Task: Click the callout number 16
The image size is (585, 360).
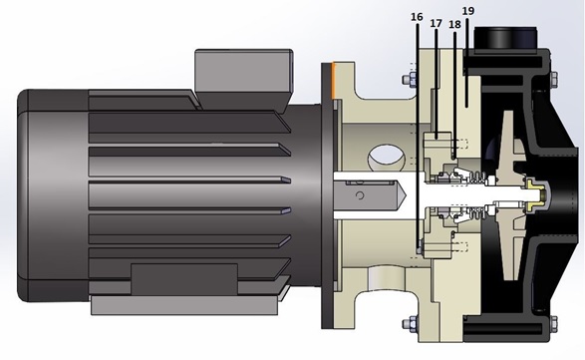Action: [417, 17]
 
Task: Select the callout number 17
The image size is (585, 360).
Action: [436, 23]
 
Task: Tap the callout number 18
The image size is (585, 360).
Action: [454, 24]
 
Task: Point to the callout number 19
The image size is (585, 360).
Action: [468, 11]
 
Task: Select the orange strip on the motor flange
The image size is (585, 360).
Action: [334, 82]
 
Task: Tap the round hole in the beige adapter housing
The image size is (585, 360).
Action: [386, 158]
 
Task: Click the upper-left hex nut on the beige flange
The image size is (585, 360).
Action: [409, 80]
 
